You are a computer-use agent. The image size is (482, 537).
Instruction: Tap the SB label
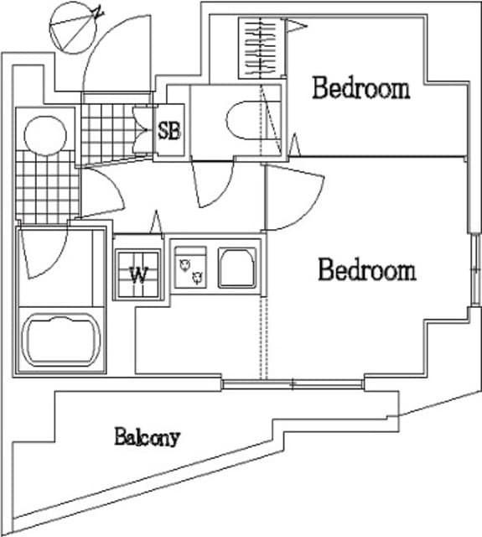tap(169, 131)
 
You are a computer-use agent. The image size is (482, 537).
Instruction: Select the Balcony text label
tap(147, 436)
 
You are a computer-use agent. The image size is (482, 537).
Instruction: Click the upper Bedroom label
tap(361, 88)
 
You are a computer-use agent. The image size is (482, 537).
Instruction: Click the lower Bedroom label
tap(367, 270)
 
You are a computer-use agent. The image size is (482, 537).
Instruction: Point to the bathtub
tap(61, 341)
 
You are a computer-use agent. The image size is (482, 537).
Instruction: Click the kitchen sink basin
tap(237, 268)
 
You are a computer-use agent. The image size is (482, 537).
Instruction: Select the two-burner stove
tap(190, 268)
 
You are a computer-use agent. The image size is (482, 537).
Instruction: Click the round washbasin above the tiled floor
tap(45, 136)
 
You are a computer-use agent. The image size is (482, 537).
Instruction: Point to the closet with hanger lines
tap(261, 49)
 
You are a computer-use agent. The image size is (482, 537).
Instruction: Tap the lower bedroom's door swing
tap(293, 198)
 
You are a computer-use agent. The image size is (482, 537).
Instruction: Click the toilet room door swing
tap(213, 182)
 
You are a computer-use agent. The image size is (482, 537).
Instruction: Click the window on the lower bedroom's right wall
tap(475, 270)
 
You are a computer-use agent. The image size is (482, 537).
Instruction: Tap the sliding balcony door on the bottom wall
tap(293, 384)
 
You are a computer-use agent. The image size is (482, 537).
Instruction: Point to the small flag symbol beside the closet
tap(295, 26)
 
